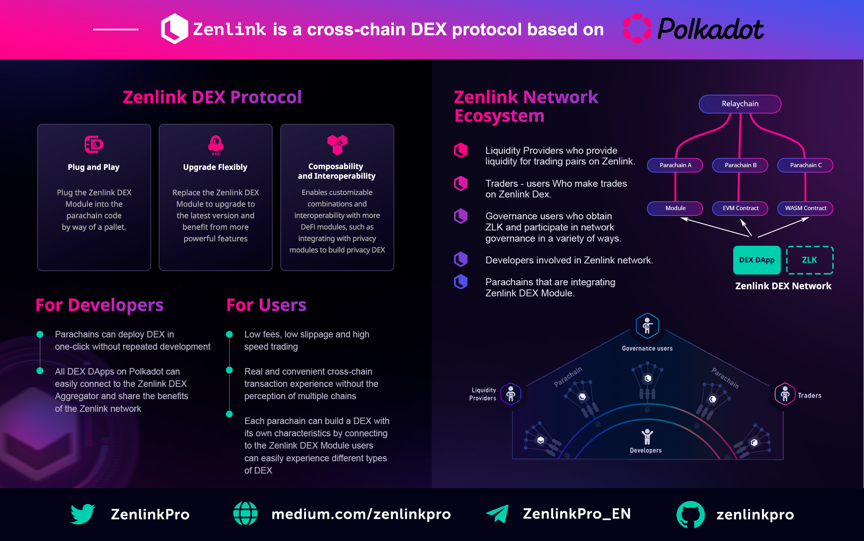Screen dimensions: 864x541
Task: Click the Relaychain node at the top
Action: [x=740, y=104]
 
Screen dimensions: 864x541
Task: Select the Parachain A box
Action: [x=675, y=165]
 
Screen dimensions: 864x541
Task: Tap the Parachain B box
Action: [x=740, y=165]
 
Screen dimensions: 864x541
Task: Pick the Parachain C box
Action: [x=805, y=165]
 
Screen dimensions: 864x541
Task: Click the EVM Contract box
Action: [x=740, y=208]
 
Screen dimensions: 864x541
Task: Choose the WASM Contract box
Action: [x=805, y=208]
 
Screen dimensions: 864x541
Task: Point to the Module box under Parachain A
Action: [x=675, y=208]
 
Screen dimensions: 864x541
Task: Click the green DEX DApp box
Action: [x=757, y=260]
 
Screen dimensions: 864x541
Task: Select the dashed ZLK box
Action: [x=810, y=260]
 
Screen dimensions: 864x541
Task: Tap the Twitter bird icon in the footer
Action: [x=83, y=514]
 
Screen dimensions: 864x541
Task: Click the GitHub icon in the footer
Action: [x=690, y=515]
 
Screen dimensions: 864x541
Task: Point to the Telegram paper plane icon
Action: [x=498, y=514]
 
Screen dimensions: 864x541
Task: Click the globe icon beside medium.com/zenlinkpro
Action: [x=245, y=513]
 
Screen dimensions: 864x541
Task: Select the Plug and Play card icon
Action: [x=94, y=144]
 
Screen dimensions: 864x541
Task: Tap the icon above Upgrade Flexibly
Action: [x=216, y=145]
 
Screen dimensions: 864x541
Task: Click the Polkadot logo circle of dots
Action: [x=637, y=28]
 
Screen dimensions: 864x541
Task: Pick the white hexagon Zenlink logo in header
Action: [x=174, y=29]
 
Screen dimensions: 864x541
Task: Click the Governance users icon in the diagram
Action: [x=647, y=326]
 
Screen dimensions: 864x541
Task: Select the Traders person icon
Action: [x=785, y=394]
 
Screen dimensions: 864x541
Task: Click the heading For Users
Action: [x=266, y=305]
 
